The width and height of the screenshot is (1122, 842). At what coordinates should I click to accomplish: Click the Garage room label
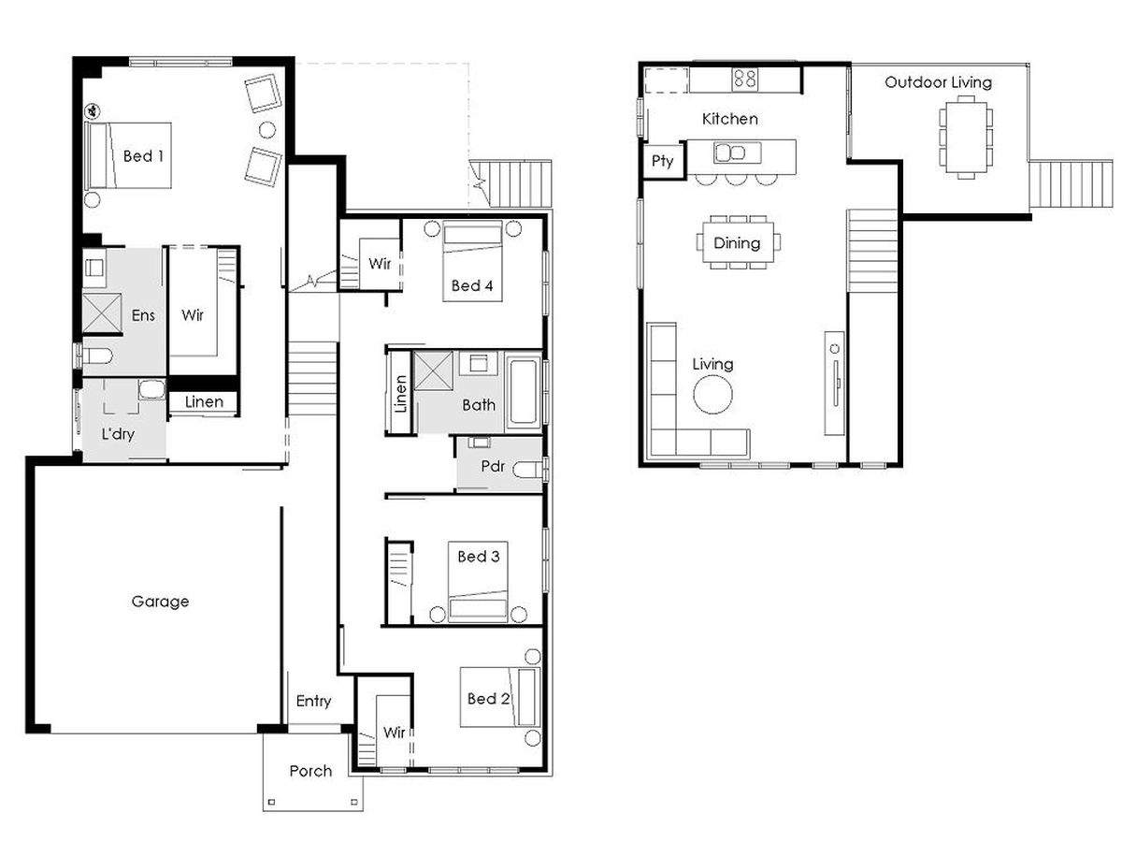click(160, 602)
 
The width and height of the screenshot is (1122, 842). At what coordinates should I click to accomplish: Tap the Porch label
click(310, 771)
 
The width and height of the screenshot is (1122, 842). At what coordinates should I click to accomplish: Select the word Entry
click(313, 701)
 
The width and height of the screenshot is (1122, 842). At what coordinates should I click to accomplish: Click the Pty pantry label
click(662, 162)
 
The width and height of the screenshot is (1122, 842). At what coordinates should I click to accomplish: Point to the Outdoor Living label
click(938, 82)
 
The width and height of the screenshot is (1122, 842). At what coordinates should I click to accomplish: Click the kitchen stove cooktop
click(744, 79)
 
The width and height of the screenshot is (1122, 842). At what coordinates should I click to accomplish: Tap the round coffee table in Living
click(712, 394)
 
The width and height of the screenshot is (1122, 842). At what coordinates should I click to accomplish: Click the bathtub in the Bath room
click(524, 392)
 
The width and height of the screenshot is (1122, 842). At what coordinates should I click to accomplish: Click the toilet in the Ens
click(97, 356)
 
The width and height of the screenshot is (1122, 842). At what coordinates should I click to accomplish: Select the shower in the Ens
click(102, 312)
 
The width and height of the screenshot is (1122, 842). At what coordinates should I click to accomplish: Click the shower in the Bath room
click(433, 370)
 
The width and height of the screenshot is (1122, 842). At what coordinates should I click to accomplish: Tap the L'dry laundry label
click(118, 434)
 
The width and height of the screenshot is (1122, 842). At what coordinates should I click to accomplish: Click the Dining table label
click(737, 243)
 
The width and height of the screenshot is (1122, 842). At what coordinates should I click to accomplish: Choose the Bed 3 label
click(479, 557)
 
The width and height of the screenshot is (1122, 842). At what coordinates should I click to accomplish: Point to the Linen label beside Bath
click(400, 394)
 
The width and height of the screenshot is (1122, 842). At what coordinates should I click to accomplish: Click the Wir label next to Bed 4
click(380, 263)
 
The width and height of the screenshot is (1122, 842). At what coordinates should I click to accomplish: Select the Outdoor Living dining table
click(966, 137)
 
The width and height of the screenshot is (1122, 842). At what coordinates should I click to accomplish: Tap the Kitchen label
click(729, 119)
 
